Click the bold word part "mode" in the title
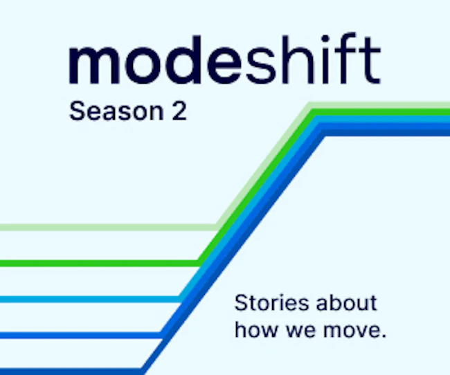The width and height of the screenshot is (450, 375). tap(155, 60)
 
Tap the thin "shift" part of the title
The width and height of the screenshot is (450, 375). tap(313, 59)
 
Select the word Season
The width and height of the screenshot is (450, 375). tap(116, 111)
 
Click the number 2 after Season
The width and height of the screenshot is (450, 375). tap(179, 111)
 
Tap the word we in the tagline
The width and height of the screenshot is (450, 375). tap(300, 331)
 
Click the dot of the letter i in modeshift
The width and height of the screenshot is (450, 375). tap(325, 39)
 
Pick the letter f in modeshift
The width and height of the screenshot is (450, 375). tap(346, 59)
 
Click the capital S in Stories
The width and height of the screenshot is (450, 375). tap(242, 303)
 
